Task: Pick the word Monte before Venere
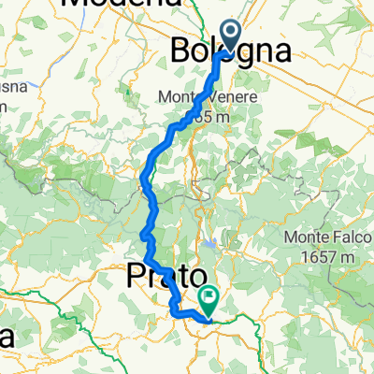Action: [203, 96]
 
